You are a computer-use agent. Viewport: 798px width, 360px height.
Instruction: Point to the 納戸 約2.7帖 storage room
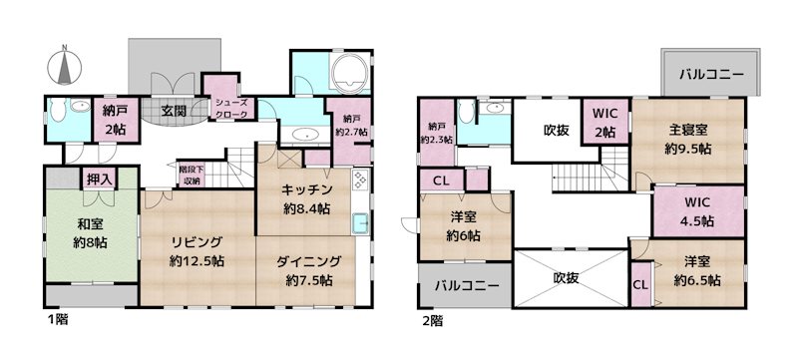350,124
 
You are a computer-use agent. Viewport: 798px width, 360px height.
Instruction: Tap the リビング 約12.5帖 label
196,252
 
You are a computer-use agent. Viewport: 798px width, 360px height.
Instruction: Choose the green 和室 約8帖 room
91,234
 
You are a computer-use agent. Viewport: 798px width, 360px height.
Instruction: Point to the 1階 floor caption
57,321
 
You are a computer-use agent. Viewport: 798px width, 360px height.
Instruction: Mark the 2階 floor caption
431,321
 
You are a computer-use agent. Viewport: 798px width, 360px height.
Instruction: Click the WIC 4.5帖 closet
697,212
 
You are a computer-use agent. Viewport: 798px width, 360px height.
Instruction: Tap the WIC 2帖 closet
604,123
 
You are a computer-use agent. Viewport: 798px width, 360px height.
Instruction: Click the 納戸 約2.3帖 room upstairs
437,133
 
